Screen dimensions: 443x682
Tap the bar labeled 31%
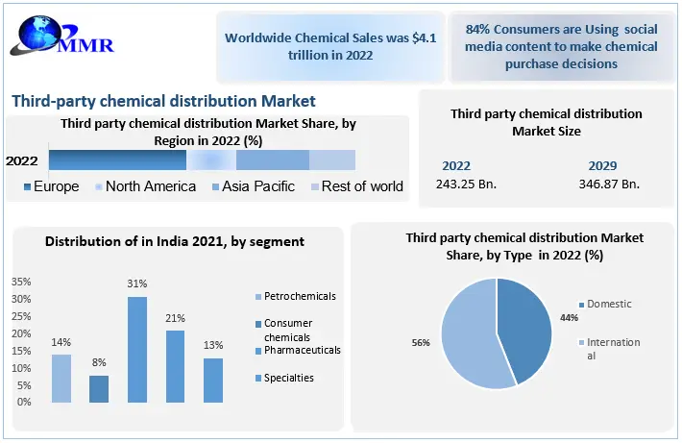click(138, 349)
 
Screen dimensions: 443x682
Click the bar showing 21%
click(176, 366)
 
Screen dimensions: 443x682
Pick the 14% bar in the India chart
click(61, 378)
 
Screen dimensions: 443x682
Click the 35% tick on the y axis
click(21, 283)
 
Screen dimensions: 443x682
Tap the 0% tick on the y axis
click(24, 401)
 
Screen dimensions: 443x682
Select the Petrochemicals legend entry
click(295, 296)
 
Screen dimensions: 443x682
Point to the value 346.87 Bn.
click(609, 184)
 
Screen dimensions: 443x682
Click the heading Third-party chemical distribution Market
click(163, 101)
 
